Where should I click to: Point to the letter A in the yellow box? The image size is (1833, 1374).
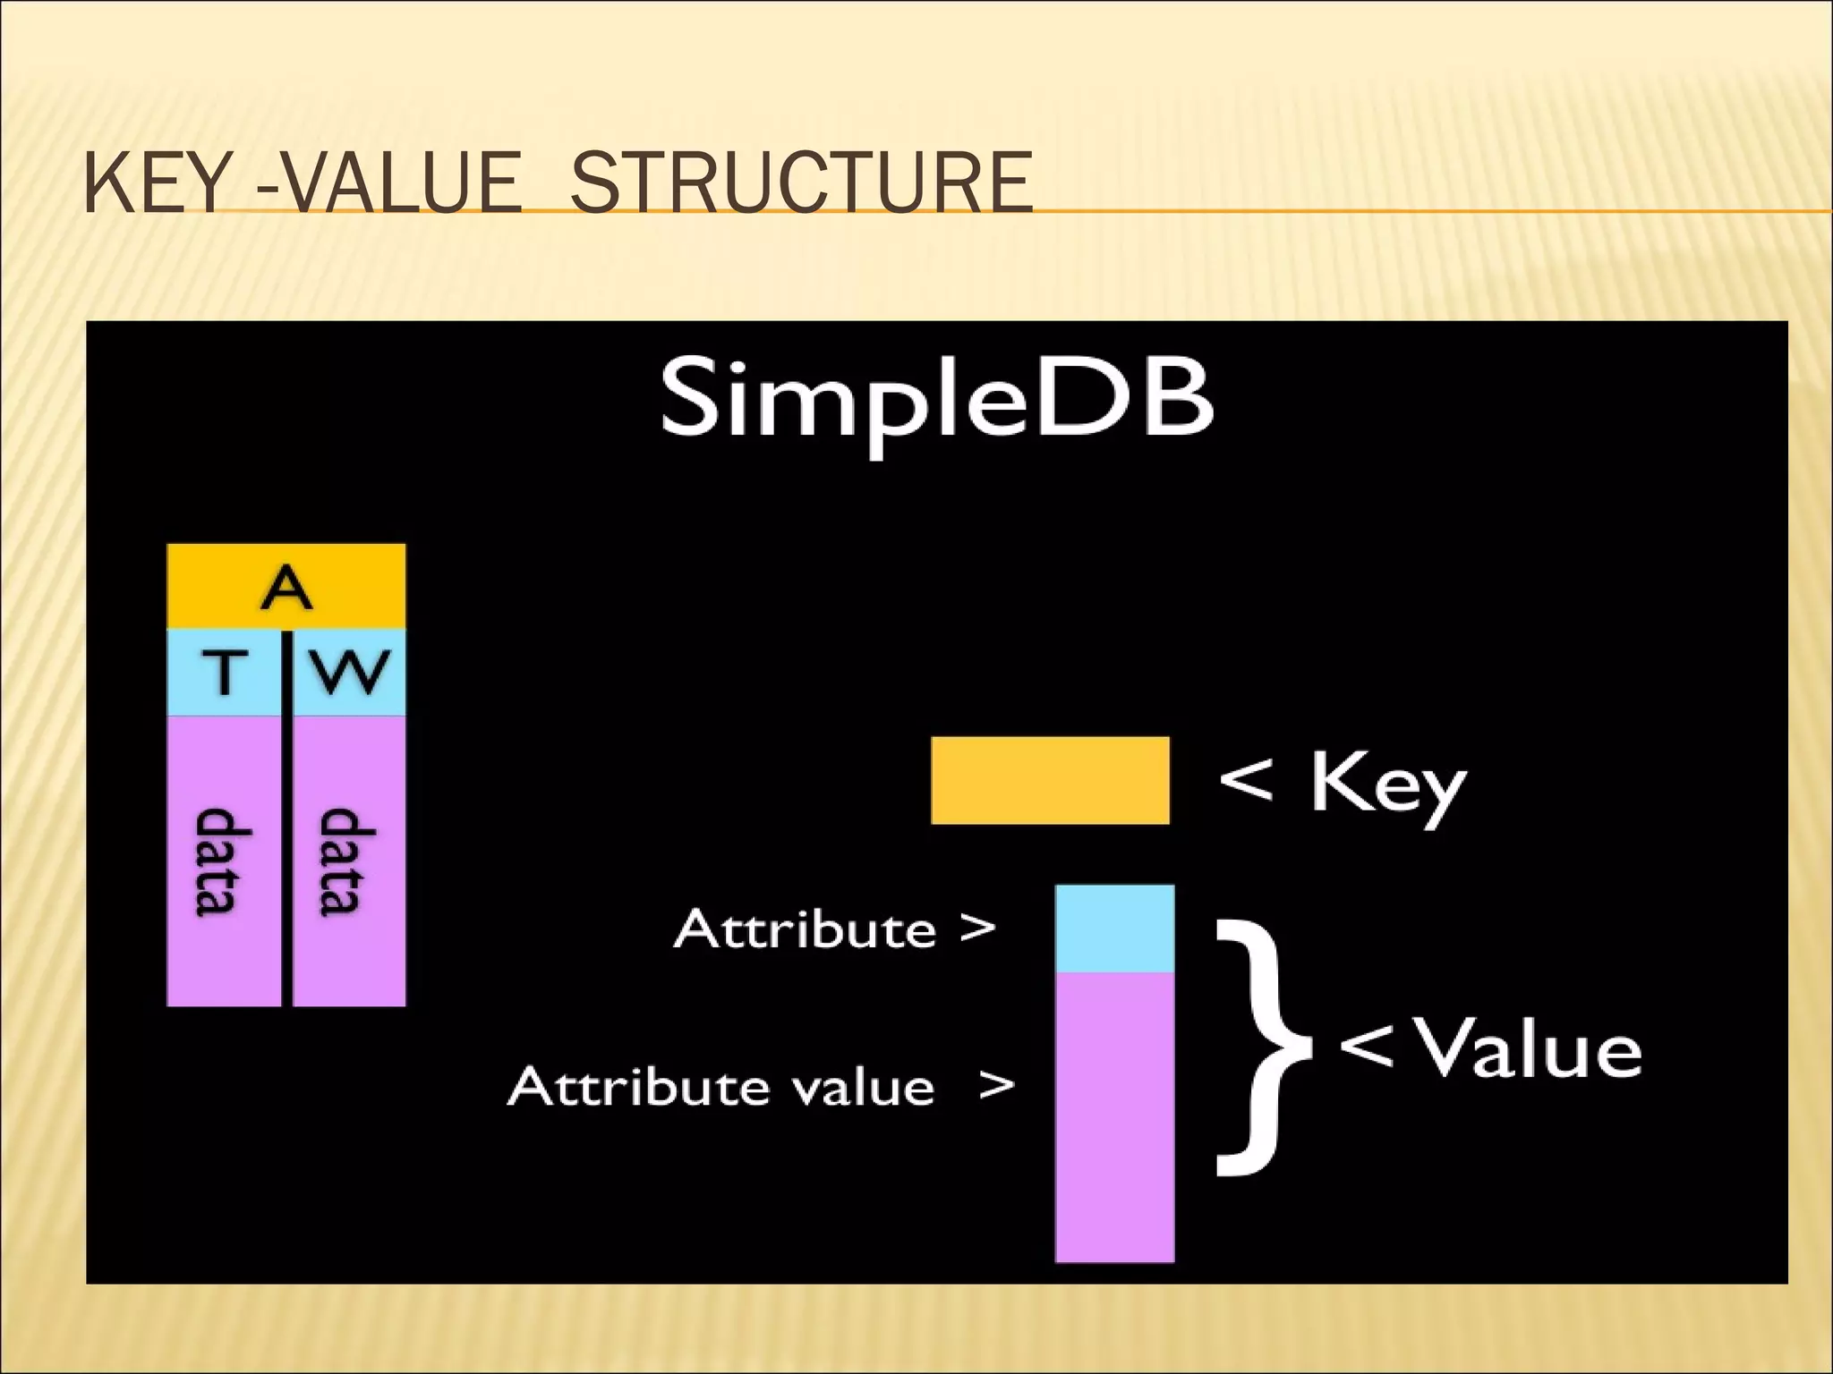[x=286, y=588]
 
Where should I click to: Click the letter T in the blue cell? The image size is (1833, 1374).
[x=225, y=672]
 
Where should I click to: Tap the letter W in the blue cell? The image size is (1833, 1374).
[x=350, y=672]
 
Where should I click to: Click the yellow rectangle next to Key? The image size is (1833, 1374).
[x=1050, y=780]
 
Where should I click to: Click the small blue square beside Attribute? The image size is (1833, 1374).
[x=1114, y=929]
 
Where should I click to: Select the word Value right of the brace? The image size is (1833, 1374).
[x=1531, y=1048]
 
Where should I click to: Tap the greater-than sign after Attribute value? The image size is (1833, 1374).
[x=996, y=1086]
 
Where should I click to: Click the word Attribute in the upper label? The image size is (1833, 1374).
[x=805, y=929]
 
